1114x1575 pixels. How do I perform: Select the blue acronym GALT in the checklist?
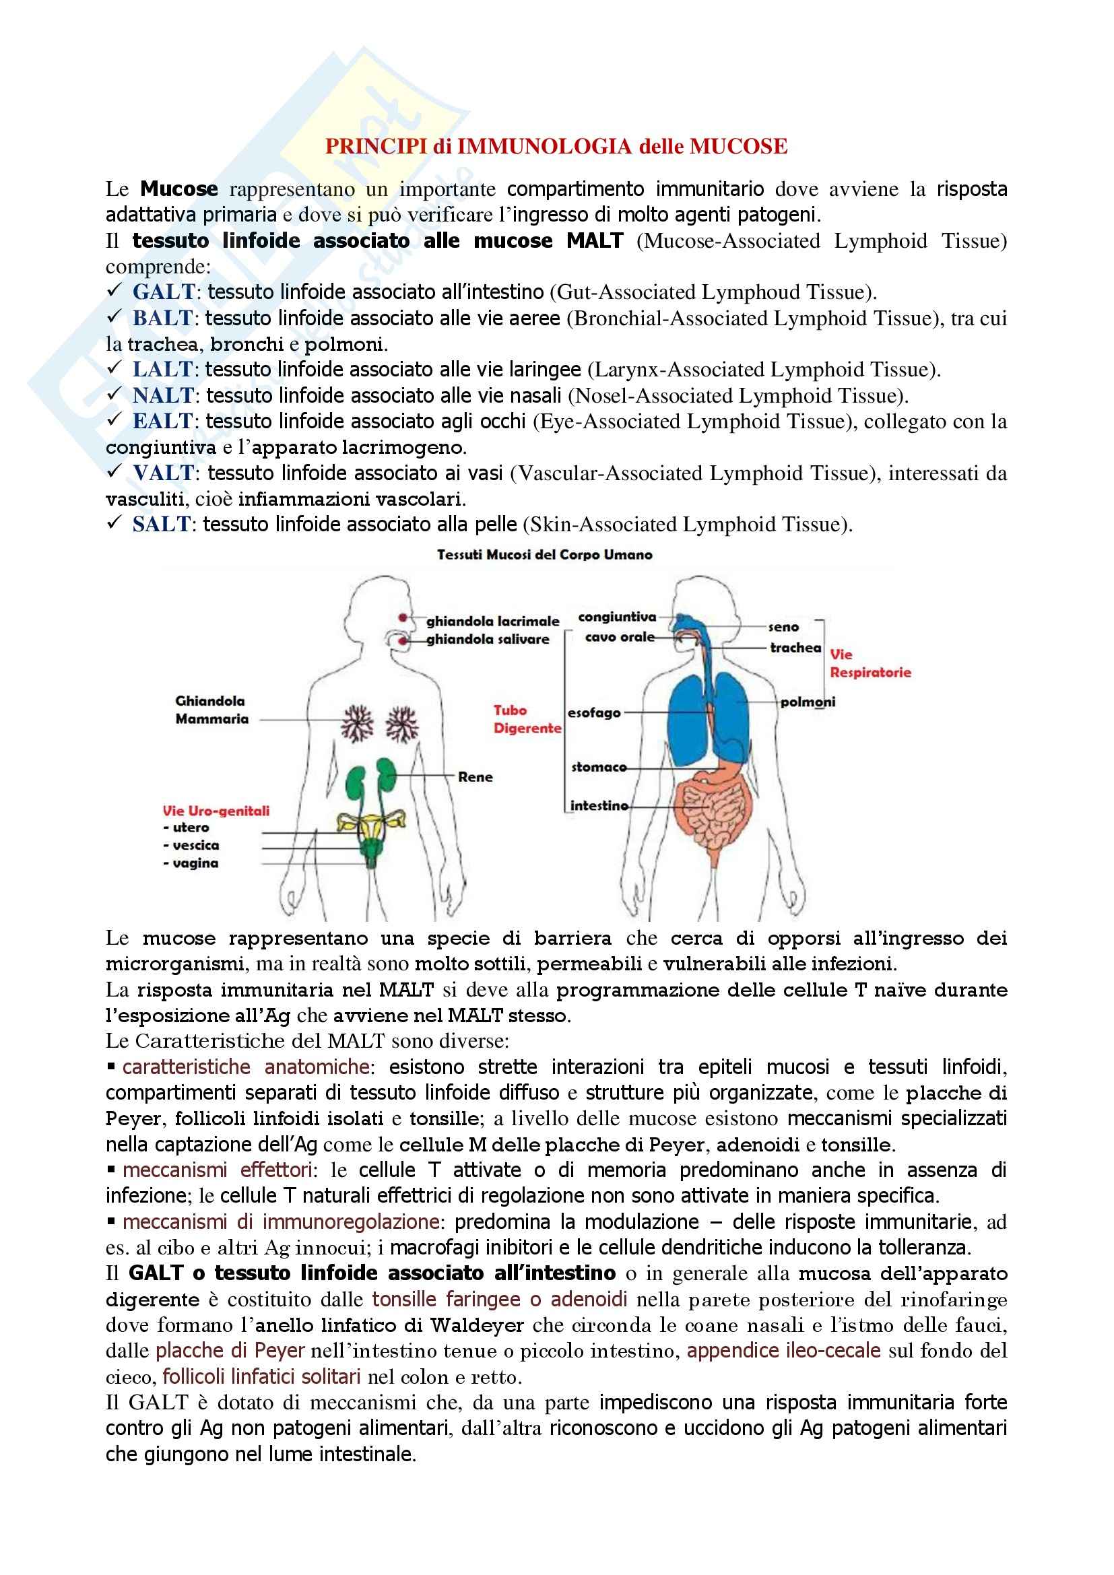164,292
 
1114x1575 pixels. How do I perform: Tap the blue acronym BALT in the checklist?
162,319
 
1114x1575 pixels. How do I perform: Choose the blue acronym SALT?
161,525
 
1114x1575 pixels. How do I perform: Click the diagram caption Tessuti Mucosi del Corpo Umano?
545,554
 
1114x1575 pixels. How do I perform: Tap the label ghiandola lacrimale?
492,622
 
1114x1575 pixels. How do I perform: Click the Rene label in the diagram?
476,776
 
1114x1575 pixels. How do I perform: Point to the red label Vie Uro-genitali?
216,811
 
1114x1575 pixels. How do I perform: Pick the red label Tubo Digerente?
527,719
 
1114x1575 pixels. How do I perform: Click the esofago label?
594,712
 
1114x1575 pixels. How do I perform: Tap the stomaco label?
599,767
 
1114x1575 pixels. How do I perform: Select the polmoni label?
808,702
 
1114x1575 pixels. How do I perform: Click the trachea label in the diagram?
795,648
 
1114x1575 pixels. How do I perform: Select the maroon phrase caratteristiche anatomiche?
247,1067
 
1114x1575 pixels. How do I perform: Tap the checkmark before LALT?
114,368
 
